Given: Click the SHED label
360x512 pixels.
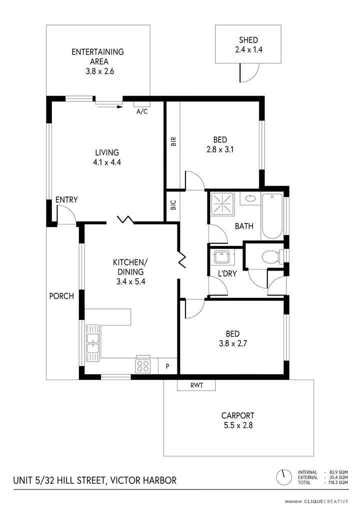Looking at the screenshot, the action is point(248,40).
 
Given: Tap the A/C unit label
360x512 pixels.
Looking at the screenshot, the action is point(142,111).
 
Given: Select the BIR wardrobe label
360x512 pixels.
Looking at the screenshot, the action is point(173,141).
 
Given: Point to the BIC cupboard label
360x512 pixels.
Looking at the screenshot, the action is point(173,205).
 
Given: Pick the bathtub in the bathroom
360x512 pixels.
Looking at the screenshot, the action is point(272,216).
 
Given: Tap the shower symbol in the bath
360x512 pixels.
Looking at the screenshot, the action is point(222,204).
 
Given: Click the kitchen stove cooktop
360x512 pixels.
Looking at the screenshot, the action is point(143,365).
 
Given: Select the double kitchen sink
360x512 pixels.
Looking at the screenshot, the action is point(93,343).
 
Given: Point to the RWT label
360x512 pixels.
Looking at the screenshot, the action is point(196,385).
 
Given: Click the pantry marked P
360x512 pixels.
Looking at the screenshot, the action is point(167,366).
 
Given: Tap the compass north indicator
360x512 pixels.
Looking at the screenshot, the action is point(284,477).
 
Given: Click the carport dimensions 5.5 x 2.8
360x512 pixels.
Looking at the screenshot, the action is point(238,425).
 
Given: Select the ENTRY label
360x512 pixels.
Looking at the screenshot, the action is point(66,199).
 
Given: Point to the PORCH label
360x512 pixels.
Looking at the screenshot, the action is point(61,296).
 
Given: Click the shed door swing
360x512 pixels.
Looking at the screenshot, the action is point(249,72).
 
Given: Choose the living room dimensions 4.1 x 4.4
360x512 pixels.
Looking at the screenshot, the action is point(107,162).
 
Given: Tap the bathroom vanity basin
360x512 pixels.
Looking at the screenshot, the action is point(250,198).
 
